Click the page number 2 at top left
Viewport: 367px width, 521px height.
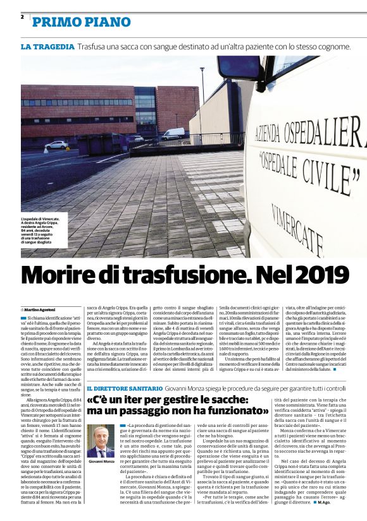[x=22, y=17]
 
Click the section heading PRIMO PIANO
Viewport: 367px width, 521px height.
[x=82, y=23]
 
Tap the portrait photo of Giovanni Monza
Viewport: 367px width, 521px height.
[x=101, y=441]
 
